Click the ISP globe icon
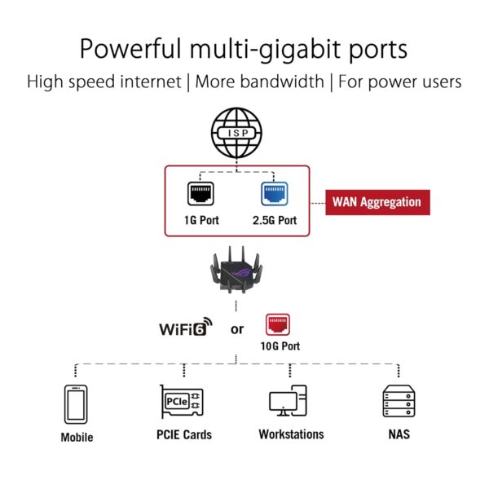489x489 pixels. (x=237, y=131)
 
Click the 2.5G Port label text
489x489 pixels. (x=274, y=221)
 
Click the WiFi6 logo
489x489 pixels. (x=186, y=328)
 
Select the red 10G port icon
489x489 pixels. (x=279, y=325)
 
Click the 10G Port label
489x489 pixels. (x=280, y=346)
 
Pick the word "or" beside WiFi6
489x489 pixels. (x=236, y=329)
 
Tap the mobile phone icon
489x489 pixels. (x=76, y=403)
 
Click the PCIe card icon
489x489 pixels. (x=182, y=402)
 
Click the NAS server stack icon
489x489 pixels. (x=399, y=401)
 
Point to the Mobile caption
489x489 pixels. (x=77, y=438)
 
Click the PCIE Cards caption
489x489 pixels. (x=183, y=434)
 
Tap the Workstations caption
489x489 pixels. (x=291, y=434)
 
